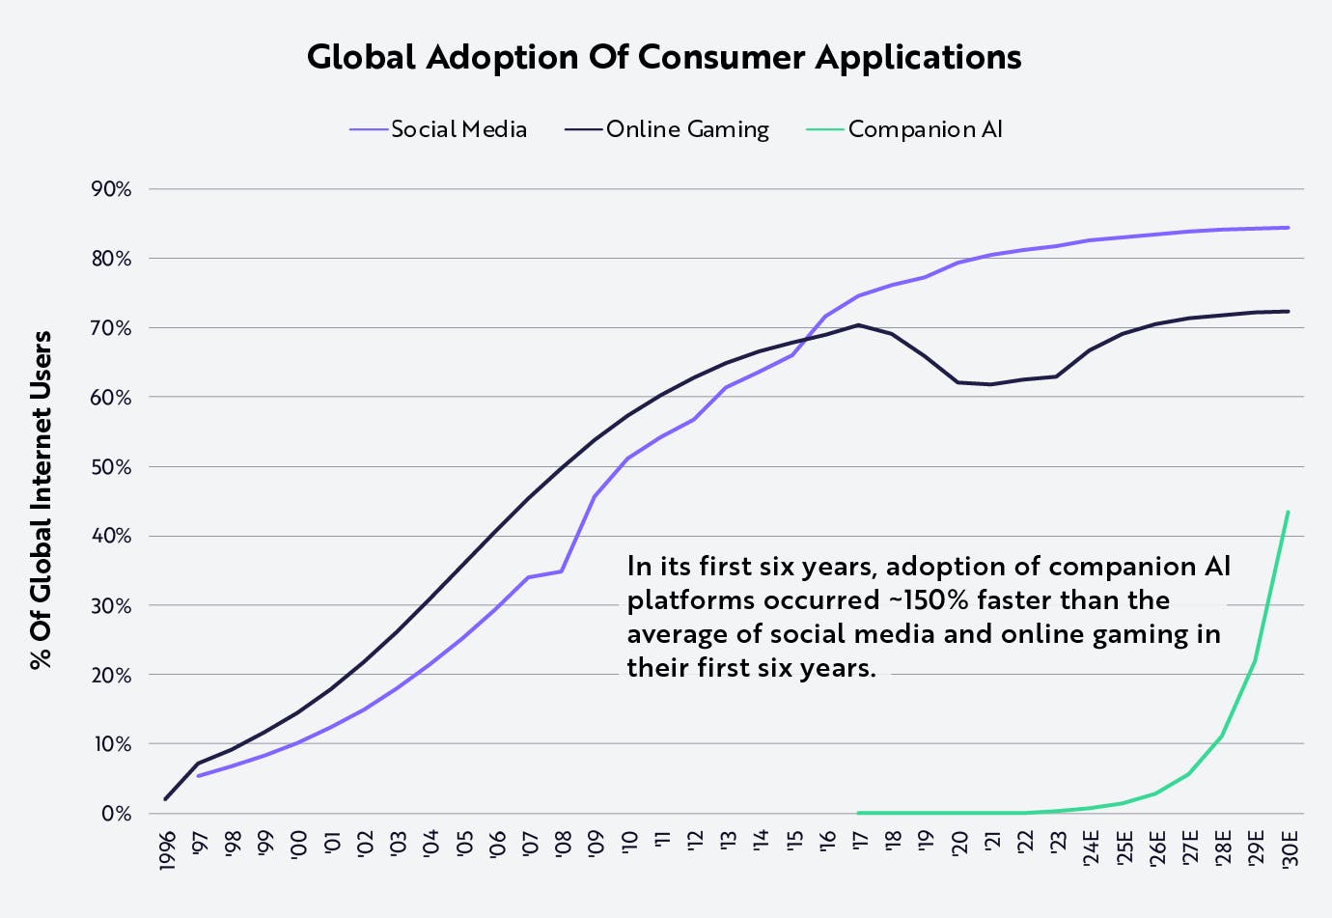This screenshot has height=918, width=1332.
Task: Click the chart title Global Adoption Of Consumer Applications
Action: click(x=664, y=57)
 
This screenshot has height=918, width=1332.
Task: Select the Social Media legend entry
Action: click(x=458, y=129)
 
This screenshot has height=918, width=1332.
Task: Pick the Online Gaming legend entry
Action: click(x=687, y=129)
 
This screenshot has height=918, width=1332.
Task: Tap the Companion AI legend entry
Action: click(x=925, y=129)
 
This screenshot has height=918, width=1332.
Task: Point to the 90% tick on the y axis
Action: click(x=111, y=189)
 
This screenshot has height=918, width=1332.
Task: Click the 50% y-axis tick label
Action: click(x=111, y=467)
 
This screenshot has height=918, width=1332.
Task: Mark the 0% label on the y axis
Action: click(x=116, y=814)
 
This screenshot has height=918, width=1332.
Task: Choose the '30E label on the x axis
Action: click(x=1289, y=847)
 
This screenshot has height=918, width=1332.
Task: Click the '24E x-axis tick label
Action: click(x=1091, y=847)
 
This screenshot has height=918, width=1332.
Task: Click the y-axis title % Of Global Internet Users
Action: click(x=41, y=500)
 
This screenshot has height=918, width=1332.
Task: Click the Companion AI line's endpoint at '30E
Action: click(x=1288, y=512)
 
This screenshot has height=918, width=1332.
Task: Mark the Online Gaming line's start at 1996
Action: click(x=166, y=799)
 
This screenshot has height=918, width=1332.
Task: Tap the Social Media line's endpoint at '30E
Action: click(x=1289, y=228)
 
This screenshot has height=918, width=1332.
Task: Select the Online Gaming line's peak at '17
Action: click(x=858, y=325)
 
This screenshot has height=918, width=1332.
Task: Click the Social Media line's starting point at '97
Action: click(x=199, y=775)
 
